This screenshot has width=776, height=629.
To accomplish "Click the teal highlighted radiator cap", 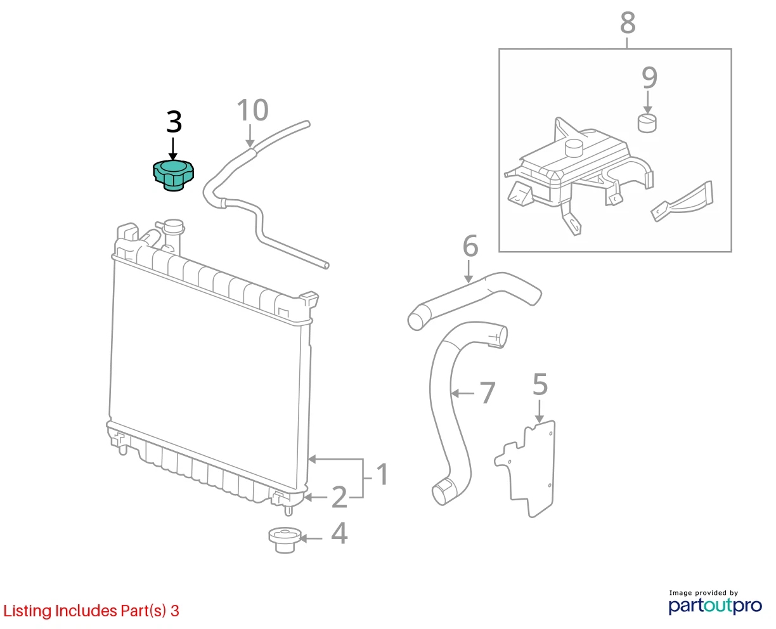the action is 173,175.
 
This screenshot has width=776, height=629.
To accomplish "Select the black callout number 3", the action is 174,122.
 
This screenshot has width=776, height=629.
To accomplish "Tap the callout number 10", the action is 252,110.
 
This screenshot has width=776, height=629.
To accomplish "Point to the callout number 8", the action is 628,23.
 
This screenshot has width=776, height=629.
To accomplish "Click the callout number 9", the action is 649,77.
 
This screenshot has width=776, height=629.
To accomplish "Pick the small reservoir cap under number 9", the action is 647,123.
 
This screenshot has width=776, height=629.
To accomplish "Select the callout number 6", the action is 470,246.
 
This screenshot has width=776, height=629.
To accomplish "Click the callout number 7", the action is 488,392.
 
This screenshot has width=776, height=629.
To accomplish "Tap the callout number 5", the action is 540,384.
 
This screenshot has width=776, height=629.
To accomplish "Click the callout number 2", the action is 339,496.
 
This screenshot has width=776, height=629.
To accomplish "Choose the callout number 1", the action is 382,474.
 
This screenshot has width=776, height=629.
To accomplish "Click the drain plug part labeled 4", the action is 285,540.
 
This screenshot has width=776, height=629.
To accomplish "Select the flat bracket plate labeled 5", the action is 526,469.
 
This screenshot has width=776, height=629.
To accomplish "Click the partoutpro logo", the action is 715,606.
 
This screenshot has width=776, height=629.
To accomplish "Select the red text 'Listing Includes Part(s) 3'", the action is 91,611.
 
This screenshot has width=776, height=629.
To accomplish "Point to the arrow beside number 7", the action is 462,393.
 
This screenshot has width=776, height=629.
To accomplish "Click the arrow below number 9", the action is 647,103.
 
